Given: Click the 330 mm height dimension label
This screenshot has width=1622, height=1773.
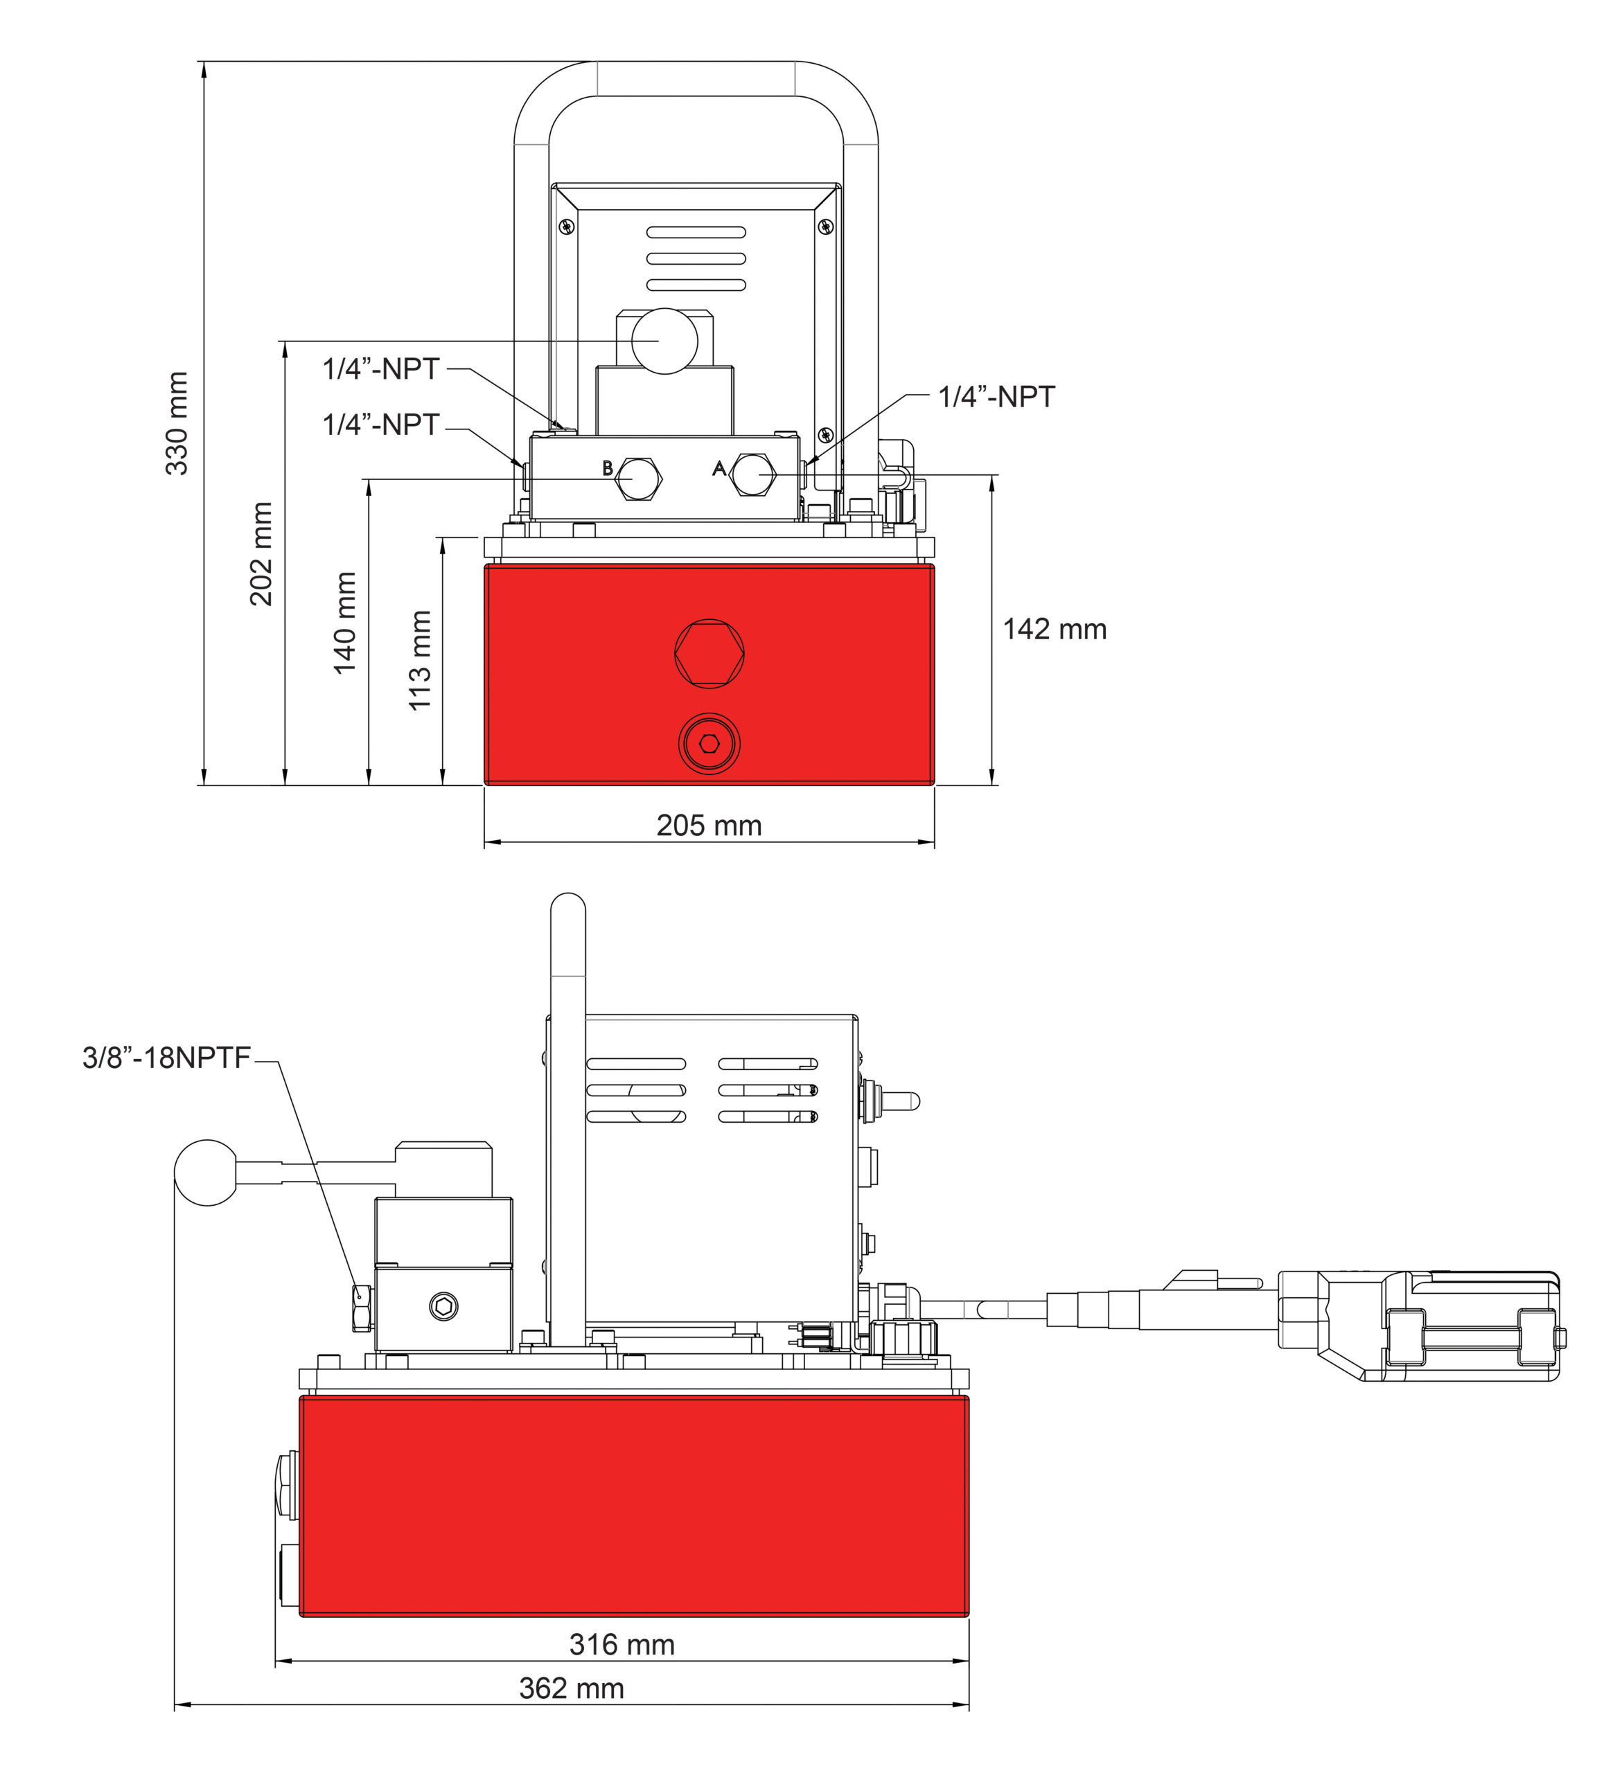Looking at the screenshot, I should pyautogui.click(x=177, y=423).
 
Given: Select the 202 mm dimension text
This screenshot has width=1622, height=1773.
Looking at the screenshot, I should pyautogui.click(x=261, y=553).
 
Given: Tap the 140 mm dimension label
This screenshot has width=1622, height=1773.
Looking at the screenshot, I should pyautogui.click(x=345, y=623).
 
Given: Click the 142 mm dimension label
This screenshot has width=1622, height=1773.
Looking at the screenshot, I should pyautogui.click(x=1054, y=630).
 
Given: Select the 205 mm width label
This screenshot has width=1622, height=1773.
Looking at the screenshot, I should pyautogui.click(x=709, y=825).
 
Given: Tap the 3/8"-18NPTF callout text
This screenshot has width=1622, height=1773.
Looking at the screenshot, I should pyautogui.click(x=166, y=1058).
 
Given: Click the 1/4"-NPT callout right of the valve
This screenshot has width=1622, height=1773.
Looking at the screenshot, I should pyautogui.click(x=996, y=397).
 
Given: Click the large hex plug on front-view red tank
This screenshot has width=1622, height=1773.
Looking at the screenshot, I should pyautogui.click(x=709, y=653).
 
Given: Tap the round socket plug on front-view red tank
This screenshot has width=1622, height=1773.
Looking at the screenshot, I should pyautogui.click(x=709, y=744).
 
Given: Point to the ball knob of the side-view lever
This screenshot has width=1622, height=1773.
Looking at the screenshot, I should pyautogui.click(x=206, y=1173).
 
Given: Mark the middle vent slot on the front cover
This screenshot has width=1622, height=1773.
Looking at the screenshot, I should pyautogui.click(x=696, y=258).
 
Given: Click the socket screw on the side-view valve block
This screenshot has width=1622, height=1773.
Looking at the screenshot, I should pyautogui.click(x=444, y=1307).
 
